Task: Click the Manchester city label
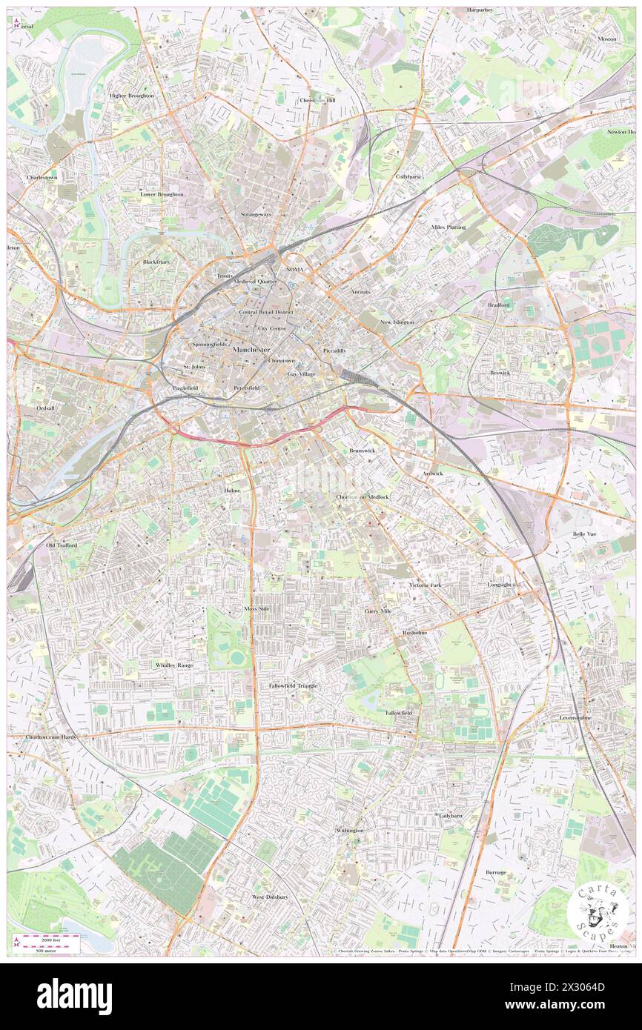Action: [x=251, y=349]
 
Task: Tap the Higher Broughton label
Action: [x=131, y=96]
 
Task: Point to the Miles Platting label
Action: [x=449, y=227]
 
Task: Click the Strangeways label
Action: [x=256, y=214]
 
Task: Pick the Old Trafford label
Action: [x=62, y=545]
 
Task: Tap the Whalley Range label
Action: [x=174, y=665]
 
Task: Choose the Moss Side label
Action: [x=257, y=608]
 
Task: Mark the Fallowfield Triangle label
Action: [x=293, y=685]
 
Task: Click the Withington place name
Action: [x=350, y=831]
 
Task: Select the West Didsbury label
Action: [x=269, y=897]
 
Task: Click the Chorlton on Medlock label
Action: [x=363, y=496]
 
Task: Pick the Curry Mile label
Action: [x=378, y=611]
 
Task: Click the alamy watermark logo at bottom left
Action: [x=74, y=997]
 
